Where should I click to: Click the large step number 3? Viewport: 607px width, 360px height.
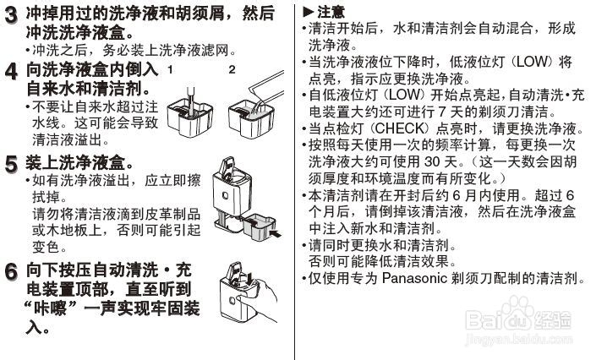coord(11,15)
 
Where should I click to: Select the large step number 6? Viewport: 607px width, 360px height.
coord(11,273)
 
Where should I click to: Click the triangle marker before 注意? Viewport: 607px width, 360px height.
coord(308,13)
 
